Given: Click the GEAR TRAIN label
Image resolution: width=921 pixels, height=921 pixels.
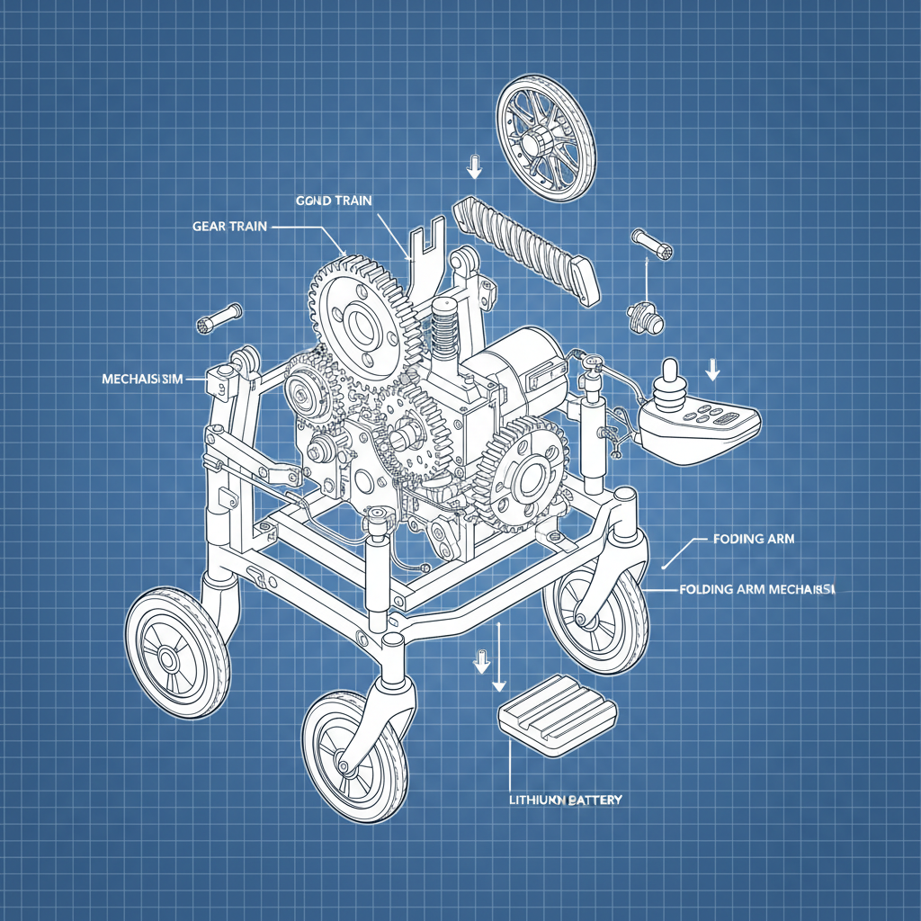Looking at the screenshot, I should (x=229, y=227).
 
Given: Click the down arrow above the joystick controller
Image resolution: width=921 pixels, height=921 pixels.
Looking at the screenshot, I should (x=713, y=369).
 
